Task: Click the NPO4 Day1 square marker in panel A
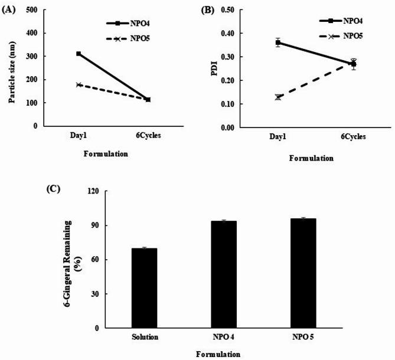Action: point(79,54)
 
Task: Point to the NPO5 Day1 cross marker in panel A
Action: point(79,85)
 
